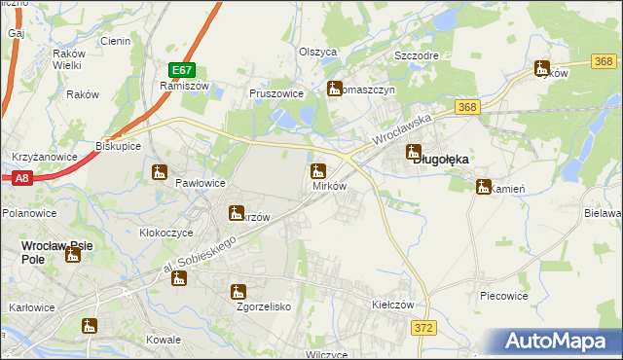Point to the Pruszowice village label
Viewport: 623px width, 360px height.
277,94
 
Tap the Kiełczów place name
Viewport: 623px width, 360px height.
393,305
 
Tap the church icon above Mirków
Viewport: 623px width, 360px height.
317,171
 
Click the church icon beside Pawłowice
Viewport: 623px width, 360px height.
160,173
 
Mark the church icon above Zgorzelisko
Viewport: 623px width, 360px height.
238,291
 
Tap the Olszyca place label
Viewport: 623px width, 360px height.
317,52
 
